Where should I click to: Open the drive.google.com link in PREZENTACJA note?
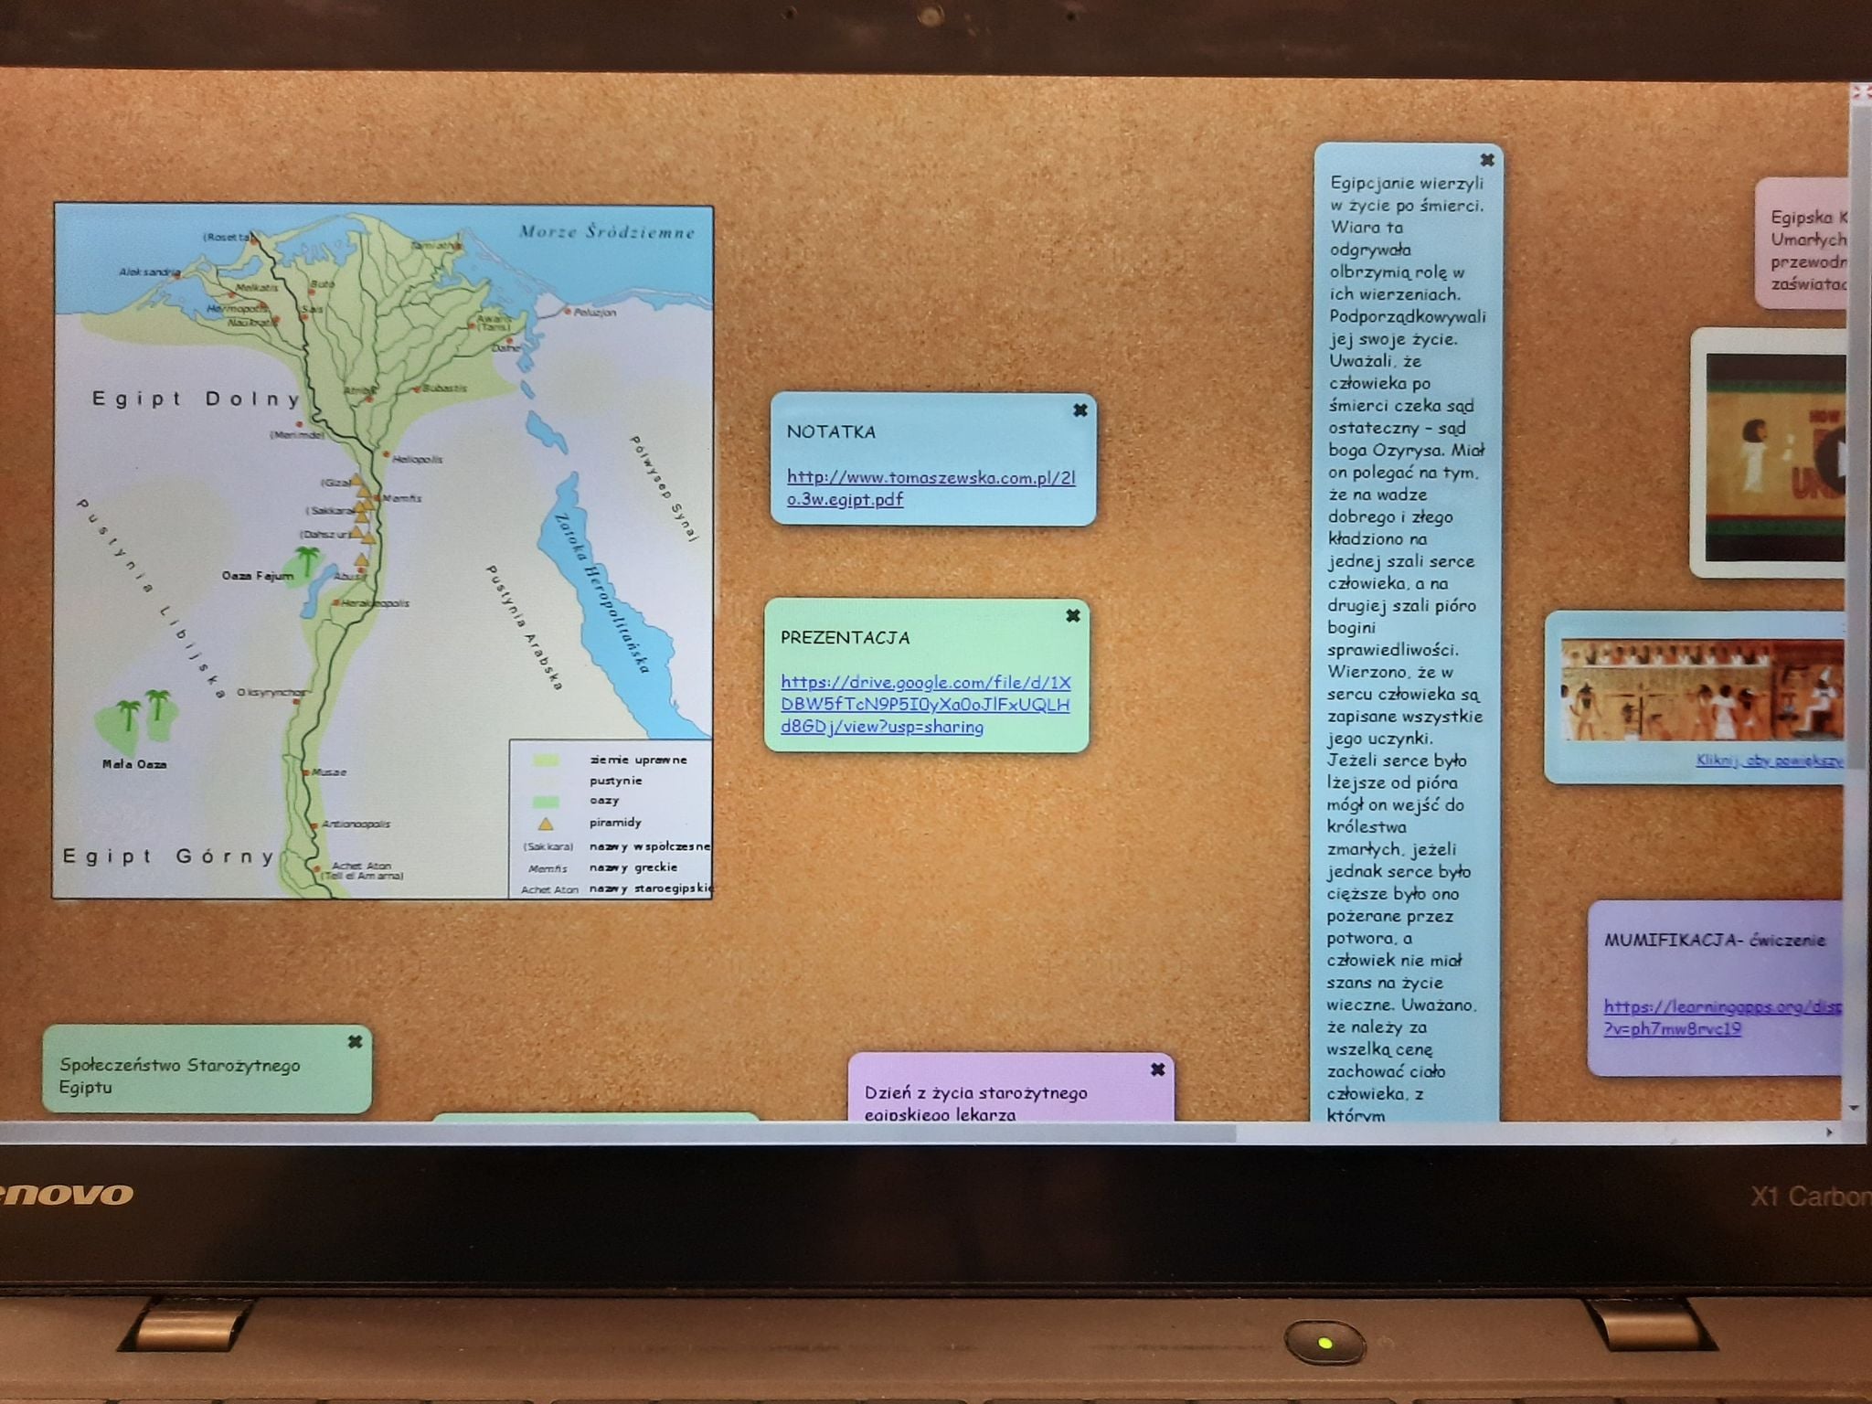924,705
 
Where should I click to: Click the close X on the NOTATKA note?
1080,410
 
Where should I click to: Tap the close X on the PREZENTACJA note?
1073,616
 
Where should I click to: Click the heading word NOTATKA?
831,432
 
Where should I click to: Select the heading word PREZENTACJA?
845,638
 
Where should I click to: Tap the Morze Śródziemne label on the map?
607,232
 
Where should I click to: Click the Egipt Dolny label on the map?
196,399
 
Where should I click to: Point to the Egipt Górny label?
168,856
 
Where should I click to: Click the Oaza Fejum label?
257,576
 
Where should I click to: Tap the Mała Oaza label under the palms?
134,764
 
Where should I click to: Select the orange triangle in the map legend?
546,823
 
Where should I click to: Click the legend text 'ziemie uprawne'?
637,760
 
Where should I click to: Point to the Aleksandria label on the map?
149,271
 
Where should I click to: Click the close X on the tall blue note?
1487,160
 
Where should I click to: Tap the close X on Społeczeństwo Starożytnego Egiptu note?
356,1041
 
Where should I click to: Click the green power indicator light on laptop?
1324,1343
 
